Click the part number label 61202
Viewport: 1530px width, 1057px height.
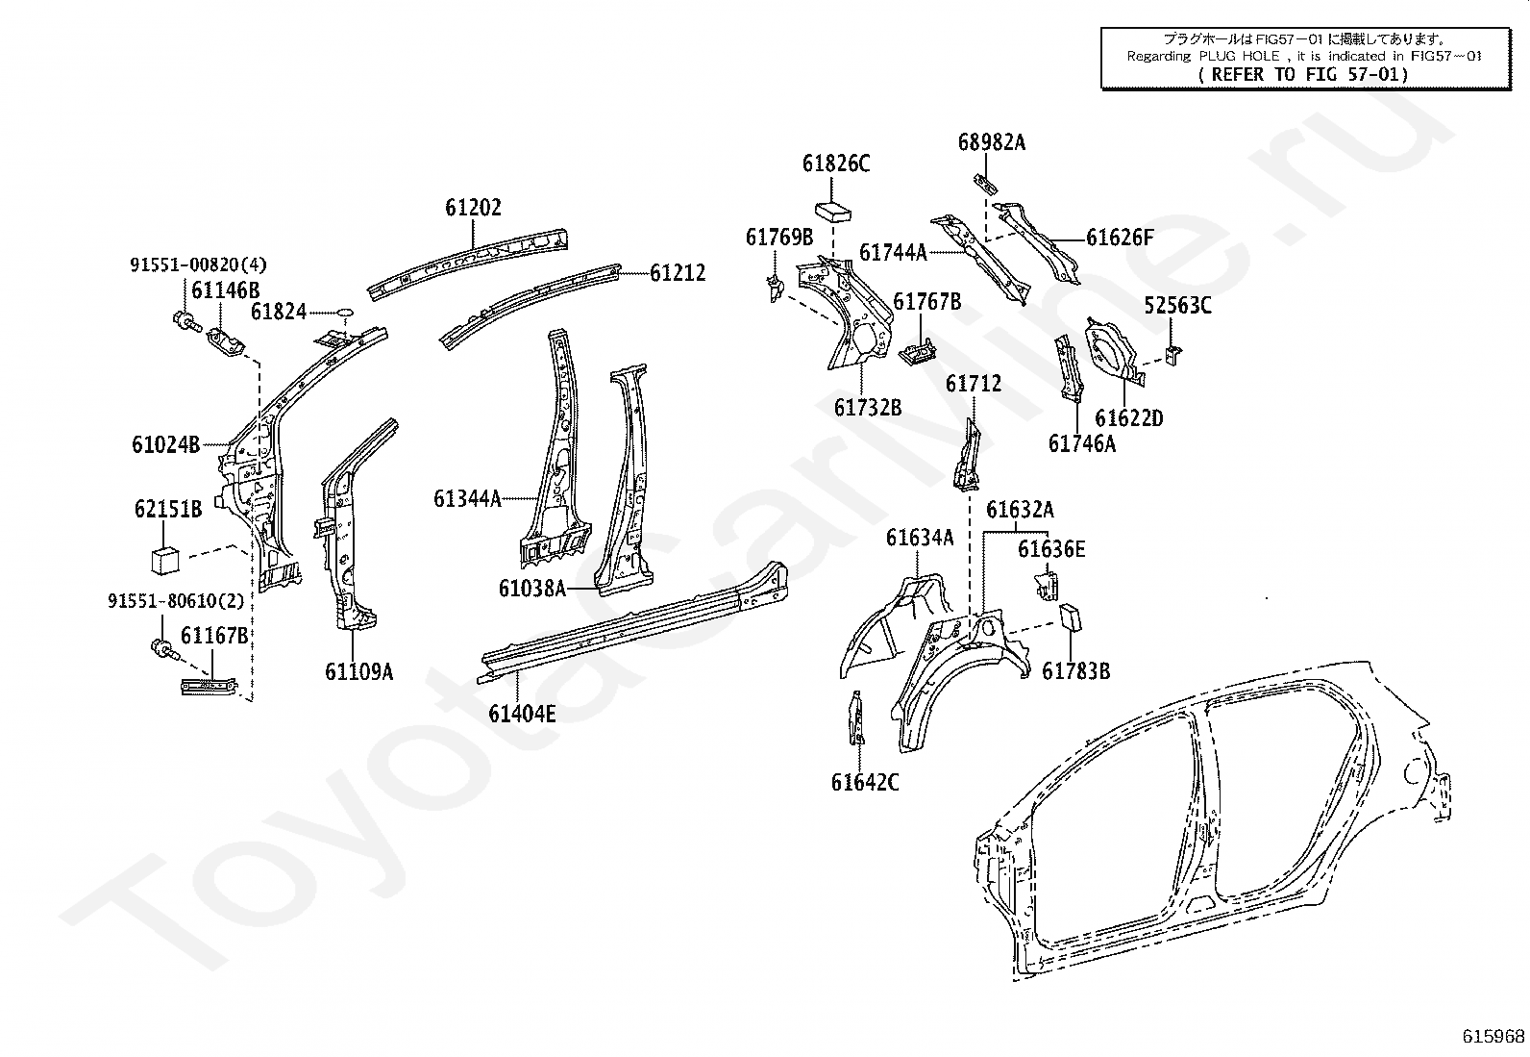point(473,207)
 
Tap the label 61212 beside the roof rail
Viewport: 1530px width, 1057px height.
point(677,273)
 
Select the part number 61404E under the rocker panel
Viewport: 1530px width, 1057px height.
point(522,714)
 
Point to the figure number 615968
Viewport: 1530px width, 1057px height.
point(1493,1036)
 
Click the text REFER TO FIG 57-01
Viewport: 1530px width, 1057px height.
point(1303,74)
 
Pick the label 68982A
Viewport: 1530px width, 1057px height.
point(992,142)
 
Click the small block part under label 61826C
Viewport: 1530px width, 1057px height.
point(833,212)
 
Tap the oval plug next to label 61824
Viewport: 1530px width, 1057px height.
point(344,313)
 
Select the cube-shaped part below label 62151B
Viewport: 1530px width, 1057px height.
point(164,559)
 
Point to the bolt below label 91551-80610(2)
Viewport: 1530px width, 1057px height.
point(163,649)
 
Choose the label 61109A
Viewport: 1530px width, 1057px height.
point(358,672)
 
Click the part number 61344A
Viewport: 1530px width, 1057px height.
point(467,499)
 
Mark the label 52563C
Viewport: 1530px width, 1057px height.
point(1177,305)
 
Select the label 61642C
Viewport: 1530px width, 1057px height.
point(865,782)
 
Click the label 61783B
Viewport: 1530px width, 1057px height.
point(1075,671)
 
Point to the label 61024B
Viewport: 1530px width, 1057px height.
point(166,445)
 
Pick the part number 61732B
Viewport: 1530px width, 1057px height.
point(868,408)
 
